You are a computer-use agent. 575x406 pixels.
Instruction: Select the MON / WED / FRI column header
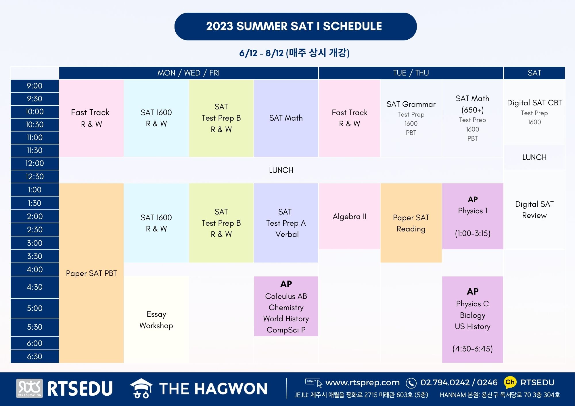pyautogui.click(x=189, y=73)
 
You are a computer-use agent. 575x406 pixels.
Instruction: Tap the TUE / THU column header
pyautogui.click(x=411, y=73)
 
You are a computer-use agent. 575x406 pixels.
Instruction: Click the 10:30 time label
pyautogui.click(x=34, y=125)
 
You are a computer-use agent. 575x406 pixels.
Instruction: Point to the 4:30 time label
pyautogui.click(x=34, y=287)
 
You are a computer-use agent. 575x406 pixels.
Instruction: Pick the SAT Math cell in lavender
pyautogui.click(x=286, y=118)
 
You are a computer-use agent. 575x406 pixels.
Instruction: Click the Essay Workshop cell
pyautogui.click(x=156, y=320)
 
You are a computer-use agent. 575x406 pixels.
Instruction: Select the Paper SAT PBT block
pyautogui.click(x=91, y=273)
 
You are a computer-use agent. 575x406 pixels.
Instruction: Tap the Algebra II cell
pyautogui.click(x=350, y=216)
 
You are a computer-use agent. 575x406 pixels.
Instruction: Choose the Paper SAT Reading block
pyautogui.click(x=411, y=223)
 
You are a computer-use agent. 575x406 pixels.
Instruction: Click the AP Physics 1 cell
pyautogui.click(x=473, y=216)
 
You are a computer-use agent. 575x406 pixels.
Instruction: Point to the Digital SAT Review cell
pyautogui.click(x=534, y=210)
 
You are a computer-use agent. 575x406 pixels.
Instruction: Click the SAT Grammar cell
pyautogui.click(x=411, y=118)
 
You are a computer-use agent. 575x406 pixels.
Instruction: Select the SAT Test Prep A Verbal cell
pyautogui.click(x=286, y=223)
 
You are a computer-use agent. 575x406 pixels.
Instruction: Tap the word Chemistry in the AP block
pyautogui.click(x=286, y=308)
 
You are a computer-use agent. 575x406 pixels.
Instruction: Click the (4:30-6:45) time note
pyautogui.click(x=473, y=349)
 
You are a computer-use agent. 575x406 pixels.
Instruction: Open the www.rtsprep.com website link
pyautogui.click(x=362, y=382)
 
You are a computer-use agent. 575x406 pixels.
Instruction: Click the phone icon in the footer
pyautogui.click(x=411, y=383)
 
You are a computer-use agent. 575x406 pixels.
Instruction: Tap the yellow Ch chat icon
pyautogui.click(x=510, y=382)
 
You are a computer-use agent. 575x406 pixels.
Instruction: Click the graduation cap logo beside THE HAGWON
pyautogui.click(x=141, y=388)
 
